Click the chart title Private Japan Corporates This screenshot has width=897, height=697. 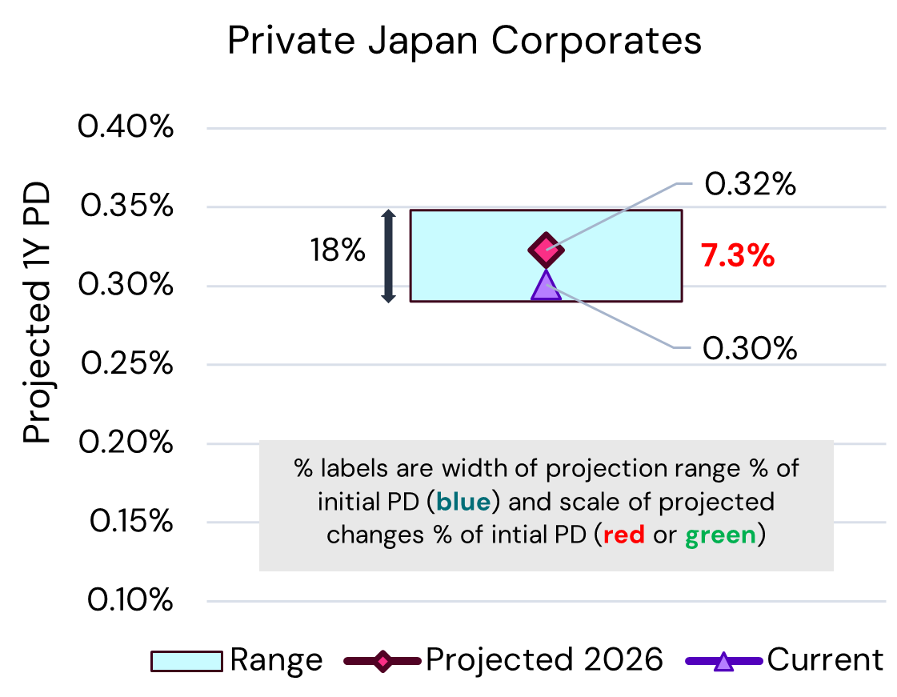coord(464,41)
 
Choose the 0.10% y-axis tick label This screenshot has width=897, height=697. coord(126,600)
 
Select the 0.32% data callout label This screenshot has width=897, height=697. coord(750,185)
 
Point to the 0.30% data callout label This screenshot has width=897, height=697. coord(750,348)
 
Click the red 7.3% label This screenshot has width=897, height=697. coord(738,256)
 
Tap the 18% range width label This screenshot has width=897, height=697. coord(338,252)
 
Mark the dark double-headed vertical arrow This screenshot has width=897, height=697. coord(388,256)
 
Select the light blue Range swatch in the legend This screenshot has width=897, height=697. coord(186,661)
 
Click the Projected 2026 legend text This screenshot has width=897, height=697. coord(544,660)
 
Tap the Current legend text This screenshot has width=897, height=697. coord(825,660)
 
